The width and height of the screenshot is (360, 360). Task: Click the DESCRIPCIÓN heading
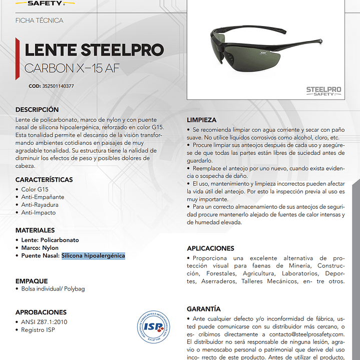(x=37, y=110)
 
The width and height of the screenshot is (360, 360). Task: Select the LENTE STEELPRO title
(x=94, y=50)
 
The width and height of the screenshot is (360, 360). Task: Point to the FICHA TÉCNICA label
(x=40, y=21)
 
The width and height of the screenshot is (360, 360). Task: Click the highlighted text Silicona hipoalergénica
(x=93, y=256)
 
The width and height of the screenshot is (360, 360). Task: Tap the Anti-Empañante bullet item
(x=43, y=197)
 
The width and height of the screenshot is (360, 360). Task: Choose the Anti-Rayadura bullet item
(x=40, y=205)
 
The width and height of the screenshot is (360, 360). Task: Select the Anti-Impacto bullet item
(x=39, y=213)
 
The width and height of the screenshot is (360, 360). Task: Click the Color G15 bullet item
(x=35, y=190)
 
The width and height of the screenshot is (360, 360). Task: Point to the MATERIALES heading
(x=35, y=230)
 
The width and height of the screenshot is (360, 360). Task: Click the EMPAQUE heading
(x=32, y=281)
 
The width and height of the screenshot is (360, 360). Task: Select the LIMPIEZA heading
(x=202, y=120)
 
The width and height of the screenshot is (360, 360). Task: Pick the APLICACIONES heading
(x=210, y=248)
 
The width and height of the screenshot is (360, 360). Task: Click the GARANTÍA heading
(x=204, y=309)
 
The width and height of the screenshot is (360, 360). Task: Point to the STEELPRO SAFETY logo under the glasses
(x=323, y=92)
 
